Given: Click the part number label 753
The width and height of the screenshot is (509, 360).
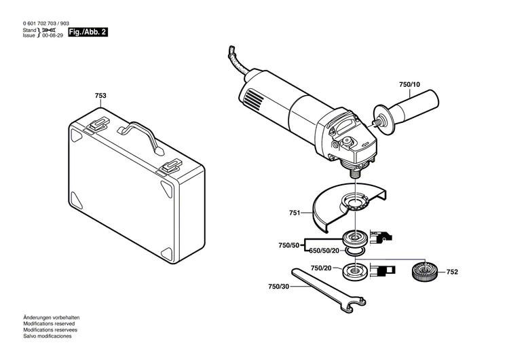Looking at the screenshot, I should (100, 96).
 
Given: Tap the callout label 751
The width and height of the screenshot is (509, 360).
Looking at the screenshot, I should (294, 213).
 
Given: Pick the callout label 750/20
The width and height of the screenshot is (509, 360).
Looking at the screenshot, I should (322, 268).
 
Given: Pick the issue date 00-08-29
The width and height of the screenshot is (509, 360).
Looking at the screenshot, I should (52, 36).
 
